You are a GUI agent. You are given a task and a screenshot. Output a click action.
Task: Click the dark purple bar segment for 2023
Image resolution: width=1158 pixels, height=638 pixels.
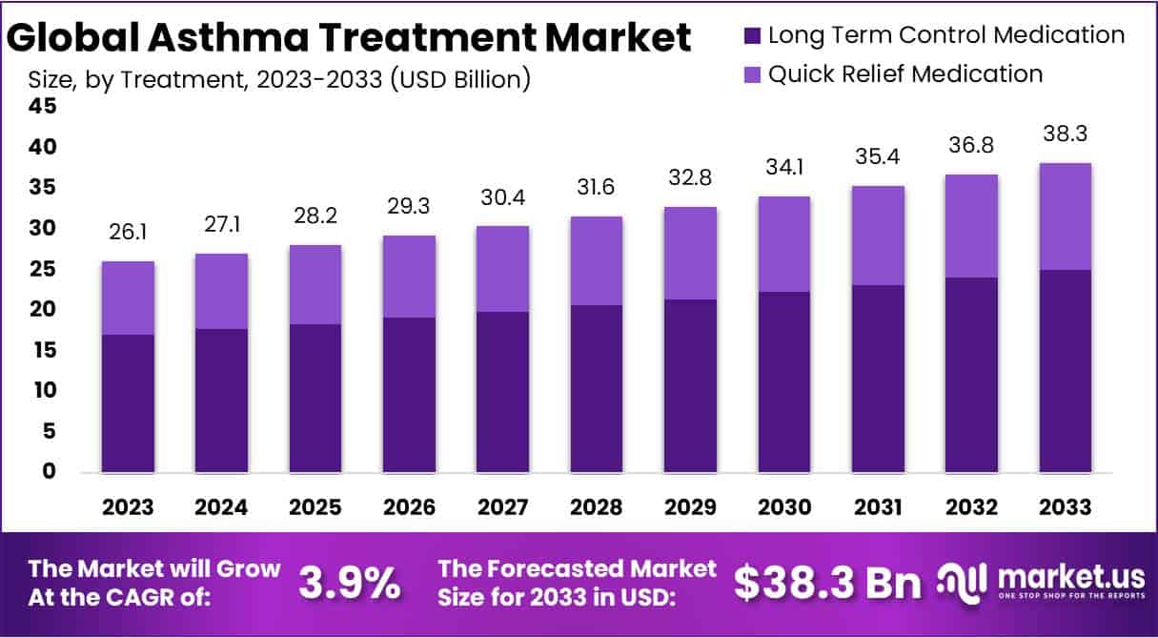[128, 402]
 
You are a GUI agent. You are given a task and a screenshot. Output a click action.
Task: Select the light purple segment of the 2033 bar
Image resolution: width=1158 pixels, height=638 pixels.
[1065, 216]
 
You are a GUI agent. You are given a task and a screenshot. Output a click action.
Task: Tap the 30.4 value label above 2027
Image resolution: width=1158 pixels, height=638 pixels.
[502, 198]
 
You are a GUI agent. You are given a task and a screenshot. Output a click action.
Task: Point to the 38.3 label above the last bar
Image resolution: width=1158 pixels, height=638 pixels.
[1065, 135]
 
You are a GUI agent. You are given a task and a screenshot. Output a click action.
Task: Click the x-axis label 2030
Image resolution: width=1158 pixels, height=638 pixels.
[783, 506]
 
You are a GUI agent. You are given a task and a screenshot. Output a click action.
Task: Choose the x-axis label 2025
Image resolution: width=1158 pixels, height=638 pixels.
[315, 506]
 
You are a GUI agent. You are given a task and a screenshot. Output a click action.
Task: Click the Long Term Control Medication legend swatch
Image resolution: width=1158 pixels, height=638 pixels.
[752, 36]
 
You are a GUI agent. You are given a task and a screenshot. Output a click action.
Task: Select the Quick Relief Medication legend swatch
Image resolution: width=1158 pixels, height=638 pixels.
[752, 74]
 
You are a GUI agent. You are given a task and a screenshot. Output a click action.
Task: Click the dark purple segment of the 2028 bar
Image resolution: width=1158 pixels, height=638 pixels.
[596, 388]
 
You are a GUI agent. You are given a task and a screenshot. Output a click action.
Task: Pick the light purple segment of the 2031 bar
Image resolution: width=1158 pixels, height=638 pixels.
[877, 236]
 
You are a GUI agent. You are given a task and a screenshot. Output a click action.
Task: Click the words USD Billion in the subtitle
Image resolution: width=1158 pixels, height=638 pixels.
[462, 78]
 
